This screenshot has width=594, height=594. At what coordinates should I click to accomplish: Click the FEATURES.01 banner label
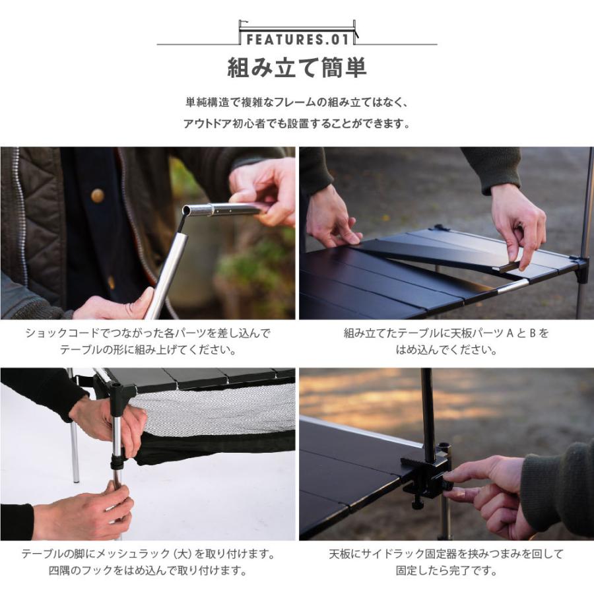[x=296, y=40]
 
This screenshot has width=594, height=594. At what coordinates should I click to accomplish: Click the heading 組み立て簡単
[x=296, y=68]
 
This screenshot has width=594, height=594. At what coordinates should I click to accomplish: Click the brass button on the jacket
[x=98, y=195]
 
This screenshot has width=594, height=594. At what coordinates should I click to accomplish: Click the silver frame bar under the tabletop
[x=511, y=286]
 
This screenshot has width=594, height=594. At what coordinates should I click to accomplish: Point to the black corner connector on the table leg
[x=123, y=396]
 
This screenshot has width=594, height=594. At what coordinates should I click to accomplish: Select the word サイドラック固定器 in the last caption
[x=396, y=554]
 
